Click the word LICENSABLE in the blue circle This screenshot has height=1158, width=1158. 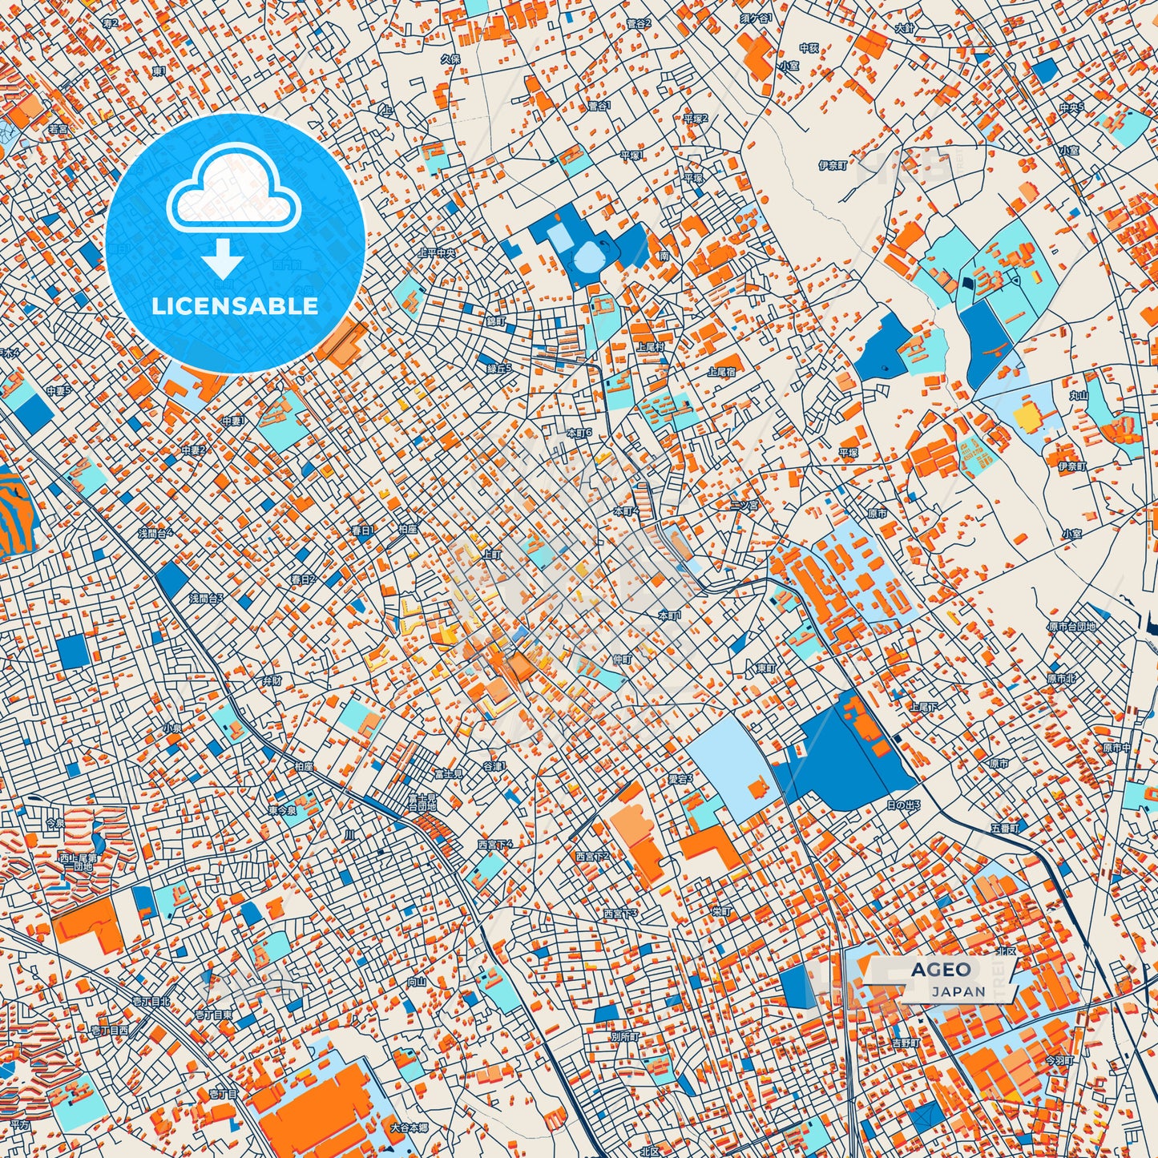tap(235, 306)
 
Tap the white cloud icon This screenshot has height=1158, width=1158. tap(233, 190)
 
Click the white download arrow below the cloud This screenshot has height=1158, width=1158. tap(223, 259)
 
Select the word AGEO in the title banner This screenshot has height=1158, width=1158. tap(940, 970)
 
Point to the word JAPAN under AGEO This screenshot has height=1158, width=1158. tap(958, 991)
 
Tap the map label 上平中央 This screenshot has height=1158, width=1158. tap(438, 252)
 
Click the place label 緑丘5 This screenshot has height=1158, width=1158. tap(498, 369)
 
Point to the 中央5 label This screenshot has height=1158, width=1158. tap(1071, 107)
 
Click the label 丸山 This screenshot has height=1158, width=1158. tap(1079, 395)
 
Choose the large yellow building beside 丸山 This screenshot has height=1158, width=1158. tap(1026, 417)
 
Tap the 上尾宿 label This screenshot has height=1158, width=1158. tap(721, 372)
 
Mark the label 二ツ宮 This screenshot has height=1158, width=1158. tap(744, 505)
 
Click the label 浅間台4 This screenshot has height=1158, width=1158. tap(155, 533)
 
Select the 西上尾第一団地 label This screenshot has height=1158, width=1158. tap(78, 862)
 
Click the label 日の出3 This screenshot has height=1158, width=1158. tap(903, 805)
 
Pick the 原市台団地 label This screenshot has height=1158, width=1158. tap(1071, 627)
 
